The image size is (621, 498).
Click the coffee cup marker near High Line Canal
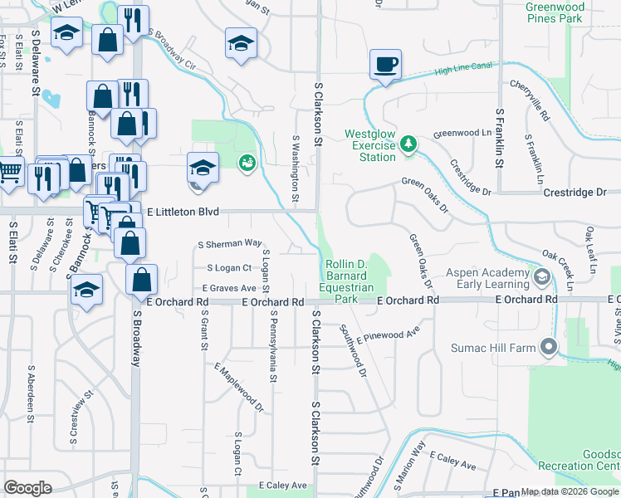coord(385,65)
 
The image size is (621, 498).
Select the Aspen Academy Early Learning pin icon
coord(542,277)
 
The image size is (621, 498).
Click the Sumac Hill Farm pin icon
coord(547,348)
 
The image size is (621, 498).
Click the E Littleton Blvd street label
coord(183,212)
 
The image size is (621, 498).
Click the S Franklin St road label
coord(500,137)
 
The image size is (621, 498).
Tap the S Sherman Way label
coord(230,243)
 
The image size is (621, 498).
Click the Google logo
coord(27,488)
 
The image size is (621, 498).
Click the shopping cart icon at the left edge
coord(9,172)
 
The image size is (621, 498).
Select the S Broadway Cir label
coord(172,51)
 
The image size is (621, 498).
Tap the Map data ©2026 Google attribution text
coord(570,491)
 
